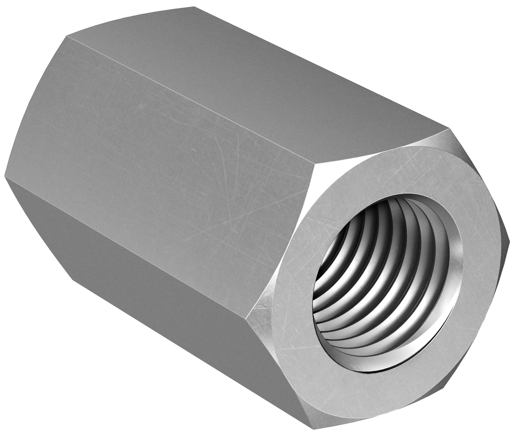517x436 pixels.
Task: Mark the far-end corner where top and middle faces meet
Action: pos(66,36)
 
